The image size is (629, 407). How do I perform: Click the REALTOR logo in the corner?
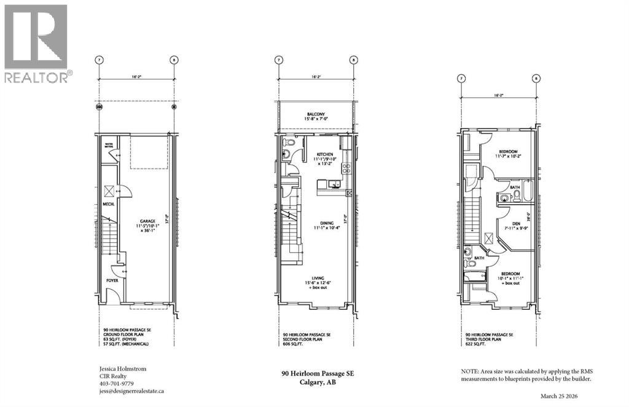coord(36,43)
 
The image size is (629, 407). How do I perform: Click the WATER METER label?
coord(109,147)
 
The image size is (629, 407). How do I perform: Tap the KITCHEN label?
coord(324,154)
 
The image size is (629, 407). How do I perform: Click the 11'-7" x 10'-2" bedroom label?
coord(508,154)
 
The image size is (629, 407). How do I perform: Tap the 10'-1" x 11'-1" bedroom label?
coord(510,277)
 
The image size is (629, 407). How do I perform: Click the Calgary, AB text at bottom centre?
coord(317,382)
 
